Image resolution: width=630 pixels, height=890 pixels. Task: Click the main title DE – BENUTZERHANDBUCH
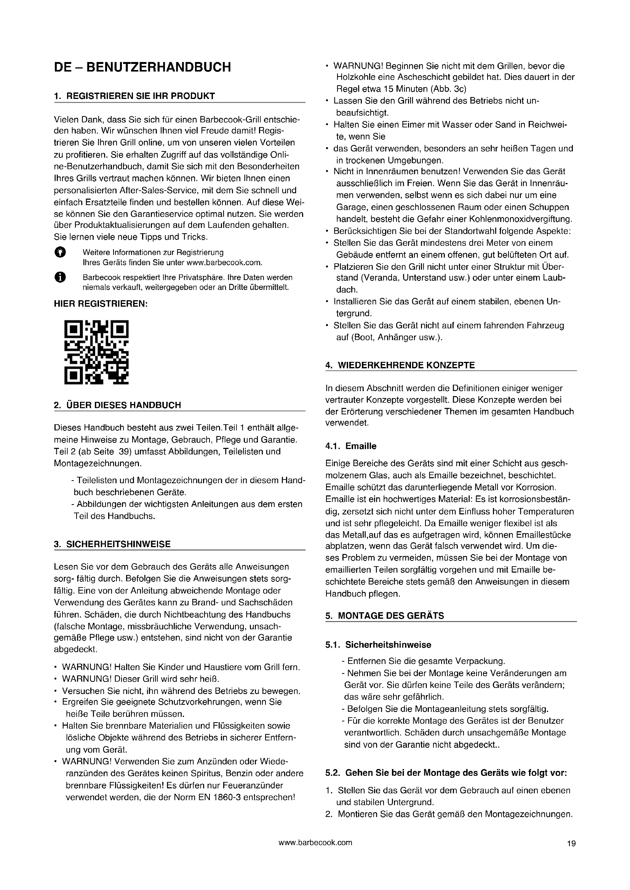click(142, 67)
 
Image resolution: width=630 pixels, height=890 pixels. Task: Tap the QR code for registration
click(96, 352)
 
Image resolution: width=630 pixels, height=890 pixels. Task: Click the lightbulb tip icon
click(60, 252)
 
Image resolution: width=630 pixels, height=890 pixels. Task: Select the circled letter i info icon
click(60, 277)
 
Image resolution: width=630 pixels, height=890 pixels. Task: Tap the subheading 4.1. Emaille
click(351, 446)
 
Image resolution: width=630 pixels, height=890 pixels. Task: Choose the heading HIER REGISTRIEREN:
click(101, 304)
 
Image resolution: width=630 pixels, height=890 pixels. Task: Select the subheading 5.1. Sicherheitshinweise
click(378, 645)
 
